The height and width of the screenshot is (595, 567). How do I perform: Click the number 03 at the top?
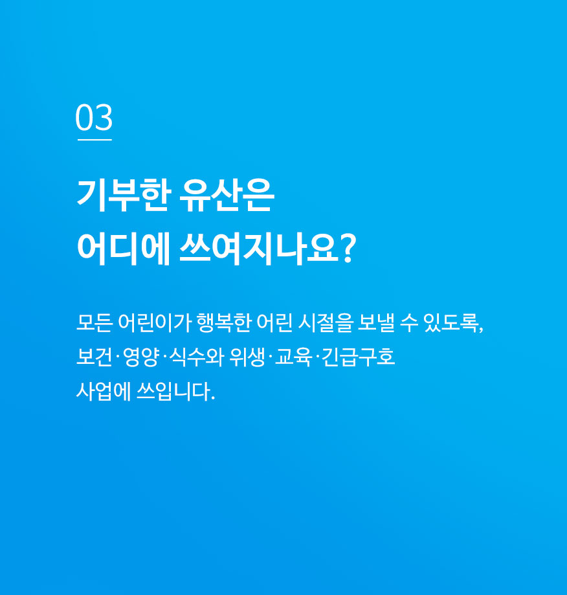tap(94, 117)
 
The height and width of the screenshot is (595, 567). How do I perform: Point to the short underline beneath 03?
tap(94, 140)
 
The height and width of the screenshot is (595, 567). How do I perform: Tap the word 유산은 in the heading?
tap(227, 196)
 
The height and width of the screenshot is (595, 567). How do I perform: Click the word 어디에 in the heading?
tap(124, 249)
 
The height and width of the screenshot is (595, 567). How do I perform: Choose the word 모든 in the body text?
tap(94, 323)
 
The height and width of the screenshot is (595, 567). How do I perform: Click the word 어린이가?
tap(155, 323)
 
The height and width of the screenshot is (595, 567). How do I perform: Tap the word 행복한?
tap(224, 323)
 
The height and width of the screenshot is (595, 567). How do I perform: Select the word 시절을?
tap(326, 323)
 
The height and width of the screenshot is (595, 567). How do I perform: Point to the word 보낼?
tap(376, 323)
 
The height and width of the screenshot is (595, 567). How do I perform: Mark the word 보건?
tap(94, 357)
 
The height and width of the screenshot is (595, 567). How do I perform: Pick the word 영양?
tap(140, 357)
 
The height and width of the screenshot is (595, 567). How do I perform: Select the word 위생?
tap(247, 357)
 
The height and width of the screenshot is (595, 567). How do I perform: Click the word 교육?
tap(293, 357)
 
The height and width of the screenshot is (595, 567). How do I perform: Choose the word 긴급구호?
tap(358, 357)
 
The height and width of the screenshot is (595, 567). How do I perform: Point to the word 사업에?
tap(104, 391)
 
